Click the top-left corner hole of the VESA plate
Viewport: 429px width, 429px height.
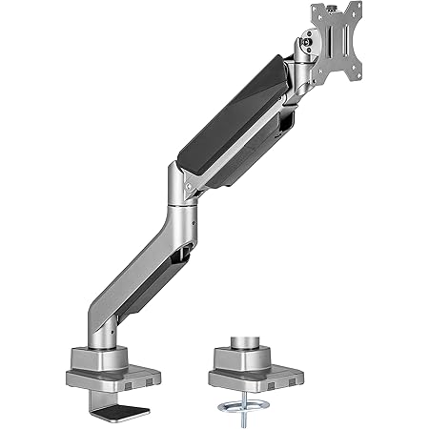(x=318, y=16)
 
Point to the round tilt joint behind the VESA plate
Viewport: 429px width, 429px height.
(x=307, y=39)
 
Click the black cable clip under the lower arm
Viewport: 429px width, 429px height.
(x=178, y=255)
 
